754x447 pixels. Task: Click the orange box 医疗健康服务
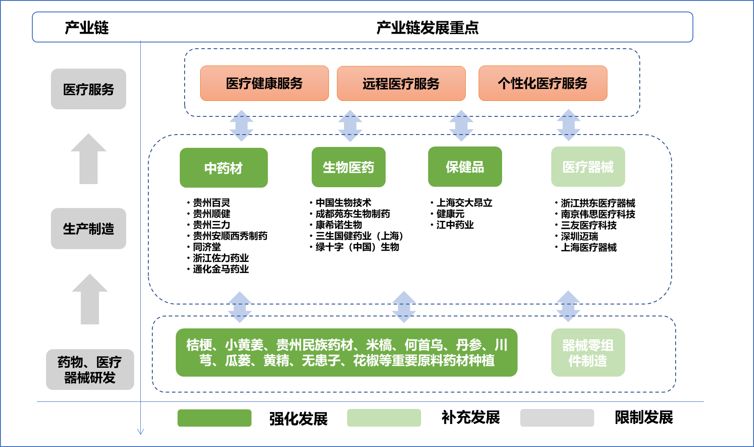click(x=264, y=83)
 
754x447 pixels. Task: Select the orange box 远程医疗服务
click(x=401, y=83)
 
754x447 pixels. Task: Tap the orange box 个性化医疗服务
click(x=543, y=83)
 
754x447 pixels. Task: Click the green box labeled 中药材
click(x=224, y=168)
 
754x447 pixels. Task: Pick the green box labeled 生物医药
click(x=349, y=167)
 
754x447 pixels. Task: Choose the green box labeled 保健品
click(x=465, y=166)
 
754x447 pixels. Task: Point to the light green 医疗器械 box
click(x=588, y=166)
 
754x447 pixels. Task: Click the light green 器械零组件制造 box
click(x=588, y=352)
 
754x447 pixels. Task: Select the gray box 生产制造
click(x=89, y=228)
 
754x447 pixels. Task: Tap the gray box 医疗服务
click(x=89, y=89)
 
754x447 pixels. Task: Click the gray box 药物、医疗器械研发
click(x=90, y=370)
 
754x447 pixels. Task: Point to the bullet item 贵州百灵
click(x=209, y=203)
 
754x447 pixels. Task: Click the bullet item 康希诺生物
click(x=336, y=225)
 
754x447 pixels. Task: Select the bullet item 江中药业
click(x=452, y=225)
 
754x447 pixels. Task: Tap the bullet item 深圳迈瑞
click(x=576, y=236)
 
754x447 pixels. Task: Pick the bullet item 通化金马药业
click(x=218, y=269)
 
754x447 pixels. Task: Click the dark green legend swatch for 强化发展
click(x=214, y=418)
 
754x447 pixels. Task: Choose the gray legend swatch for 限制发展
click(x=557, y=418)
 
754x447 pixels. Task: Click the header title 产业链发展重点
click(x=428, y=27)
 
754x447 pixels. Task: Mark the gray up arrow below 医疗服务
click(x=89, y=159)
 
